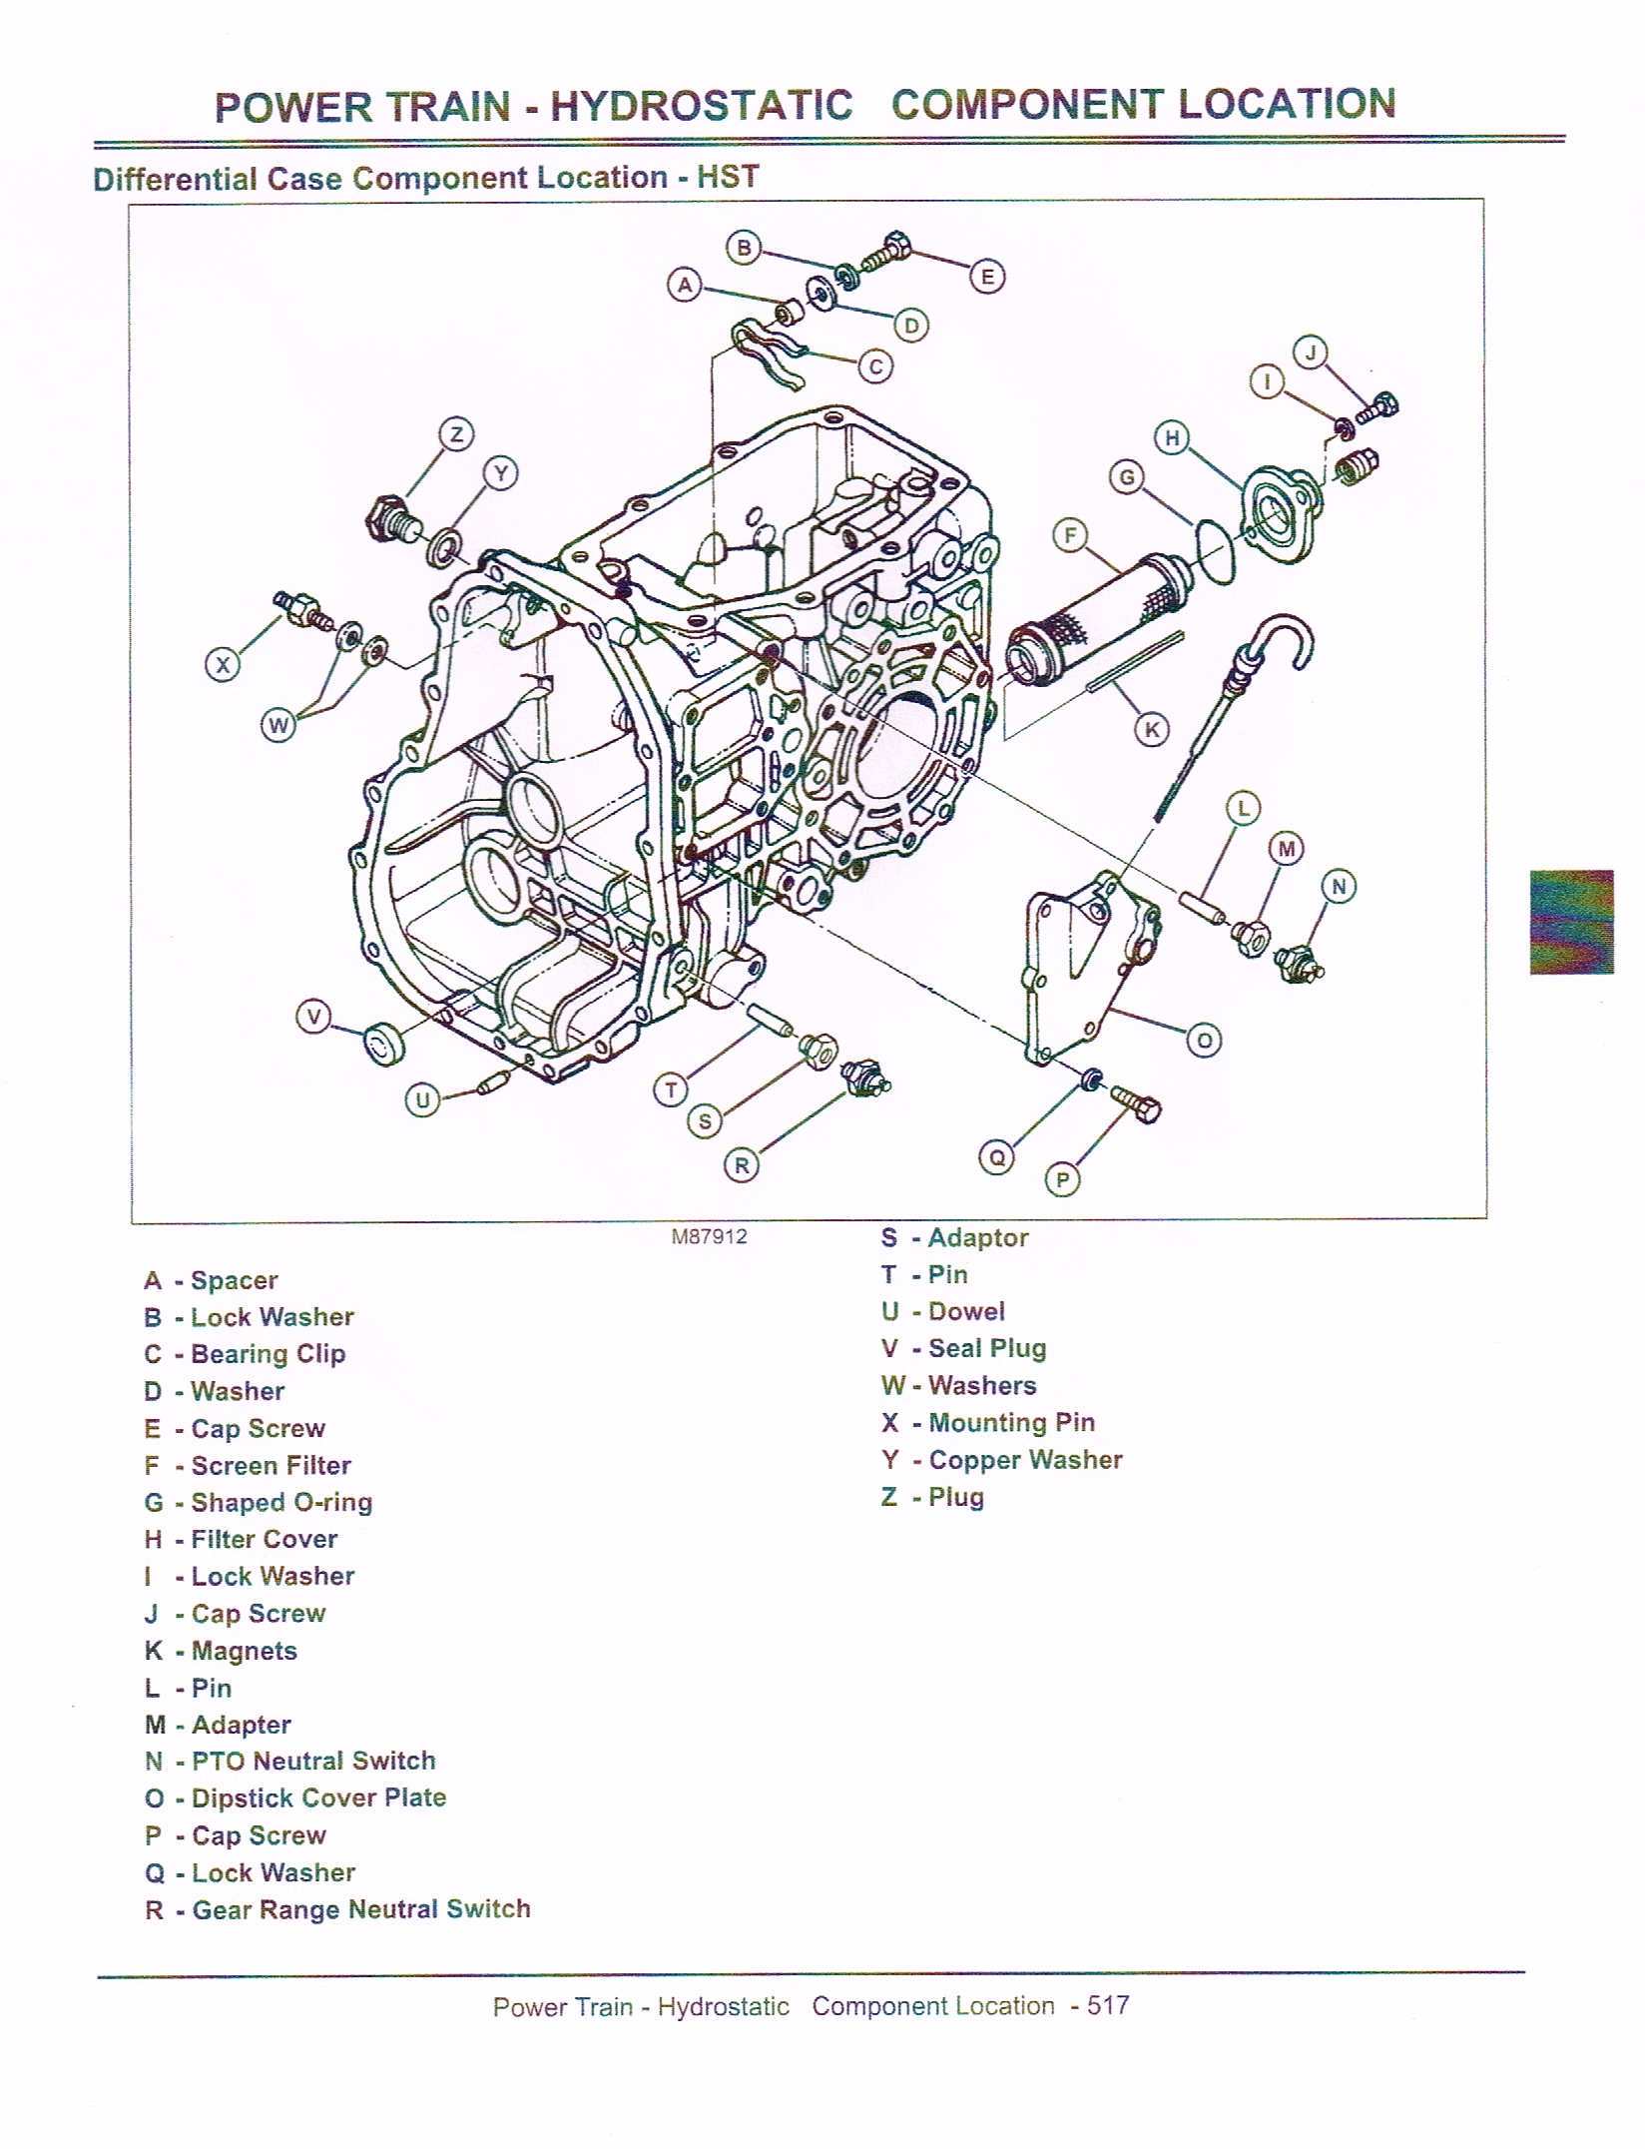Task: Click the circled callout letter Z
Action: (x=456, y=434)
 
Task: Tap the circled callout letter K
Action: (x=1152, y=729)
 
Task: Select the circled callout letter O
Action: (x=1204, y=1041)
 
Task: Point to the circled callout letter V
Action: (x=314, y=1018)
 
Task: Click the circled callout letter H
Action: (x=1172, y=437)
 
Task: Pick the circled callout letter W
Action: (x=278, y=725)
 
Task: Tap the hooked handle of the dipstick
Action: (x=1283, y=639)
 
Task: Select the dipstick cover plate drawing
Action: (x=1088, y=964)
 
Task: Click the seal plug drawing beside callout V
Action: (x=382, y=1045)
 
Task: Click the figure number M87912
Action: (x=709, y=1236)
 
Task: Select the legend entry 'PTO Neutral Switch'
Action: (x=313, y=1761)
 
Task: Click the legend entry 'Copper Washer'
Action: (x=1025, y=1460)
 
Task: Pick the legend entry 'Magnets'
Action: (x=244, y=1651)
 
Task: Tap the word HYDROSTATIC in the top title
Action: (x=702, y=106)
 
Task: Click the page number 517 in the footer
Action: (x=1107, y=2005)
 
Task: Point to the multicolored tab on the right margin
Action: (x=1571, y=922)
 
